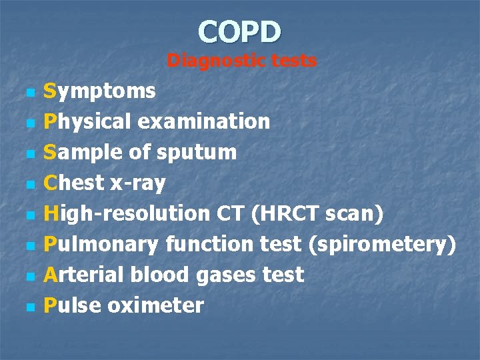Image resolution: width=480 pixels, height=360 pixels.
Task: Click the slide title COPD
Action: tap(240, 31)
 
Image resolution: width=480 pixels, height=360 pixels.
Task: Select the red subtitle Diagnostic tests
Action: tap(241, 61)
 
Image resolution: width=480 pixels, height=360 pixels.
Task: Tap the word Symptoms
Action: tap(99, 91)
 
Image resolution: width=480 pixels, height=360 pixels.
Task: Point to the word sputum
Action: tap(197, 153)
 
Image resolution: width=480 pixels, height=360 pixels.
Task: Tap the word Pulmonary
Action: tap(101, 244)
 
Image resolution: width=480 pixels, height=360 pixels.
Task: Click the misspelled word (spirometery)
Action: tap(383, 244)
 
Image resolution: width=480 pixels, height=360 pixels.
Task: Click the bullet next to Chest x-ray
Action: tap(28, 184)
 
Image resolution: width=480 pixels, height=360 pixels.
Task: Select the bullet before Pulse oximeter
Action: tap(28, 307)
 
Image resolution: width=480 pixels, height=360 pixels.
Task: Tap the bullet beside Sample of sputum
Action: tap(28, 153)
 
